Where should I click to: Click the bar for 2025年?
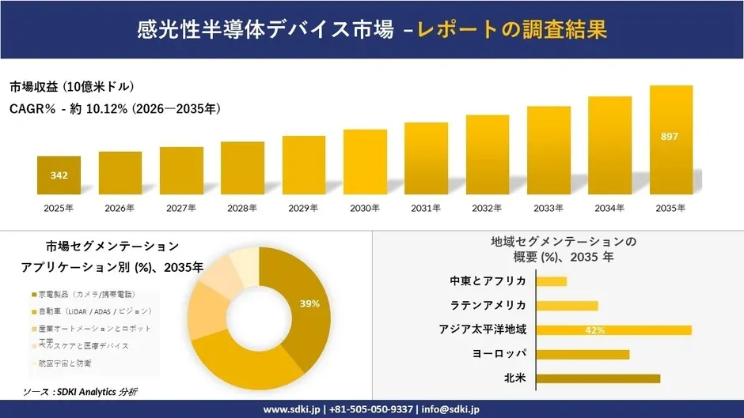59,175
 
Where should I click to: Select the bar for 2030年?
365,162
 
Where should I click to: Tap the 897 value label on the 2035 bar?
670,137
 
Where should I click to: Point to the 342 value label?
59,175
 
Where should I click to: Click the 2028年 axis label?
242,208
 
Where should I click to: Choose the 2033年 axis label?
549,208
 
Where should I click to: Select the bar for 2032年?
487,155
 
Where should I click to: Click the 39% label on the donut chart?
309,303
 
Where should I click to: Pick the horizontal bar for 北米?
598,378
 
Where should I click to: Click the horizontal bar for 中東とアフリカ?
552,281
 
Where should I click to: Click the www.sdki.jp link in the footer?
291,409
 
